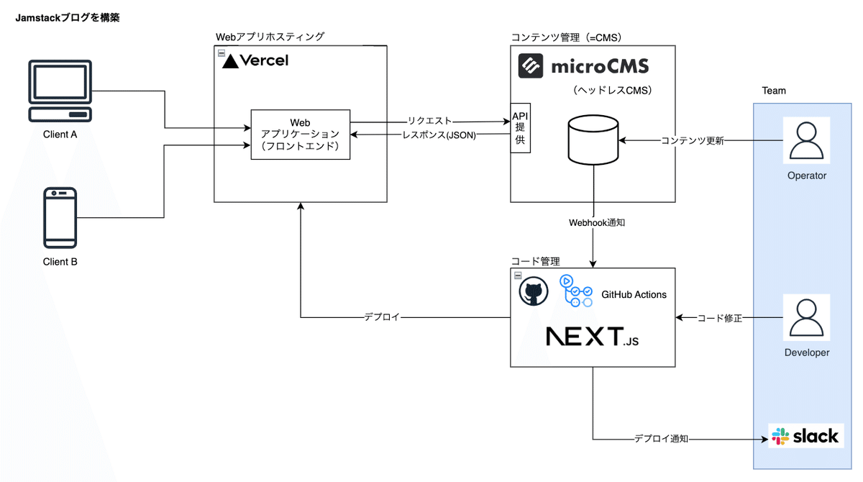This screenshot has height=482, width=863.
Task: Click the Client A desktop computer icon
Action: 60,92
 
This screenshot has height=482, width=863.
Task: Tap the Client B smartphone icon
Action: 60,217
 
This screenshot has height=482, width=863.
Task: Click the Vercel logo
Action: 255,61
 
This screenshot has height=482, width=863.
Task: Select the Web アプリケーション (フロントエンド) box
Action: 300,135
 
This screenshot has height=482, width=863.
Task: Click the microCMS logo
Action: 583,66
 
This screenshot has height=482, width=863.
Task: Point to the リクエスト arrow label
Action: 430,121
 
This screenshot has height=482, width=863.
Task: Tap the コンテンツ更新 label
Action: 692,140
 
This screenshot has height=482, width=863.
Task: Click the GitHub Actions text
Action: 634,294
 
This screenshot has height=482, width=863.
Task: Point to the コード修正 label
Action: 720,317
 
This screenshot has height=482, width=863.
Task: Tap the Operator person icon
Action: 806,141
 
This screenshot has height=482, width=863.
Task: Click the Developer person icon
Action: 806,318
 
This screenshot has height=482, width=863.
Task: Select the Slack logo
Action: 805,436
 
